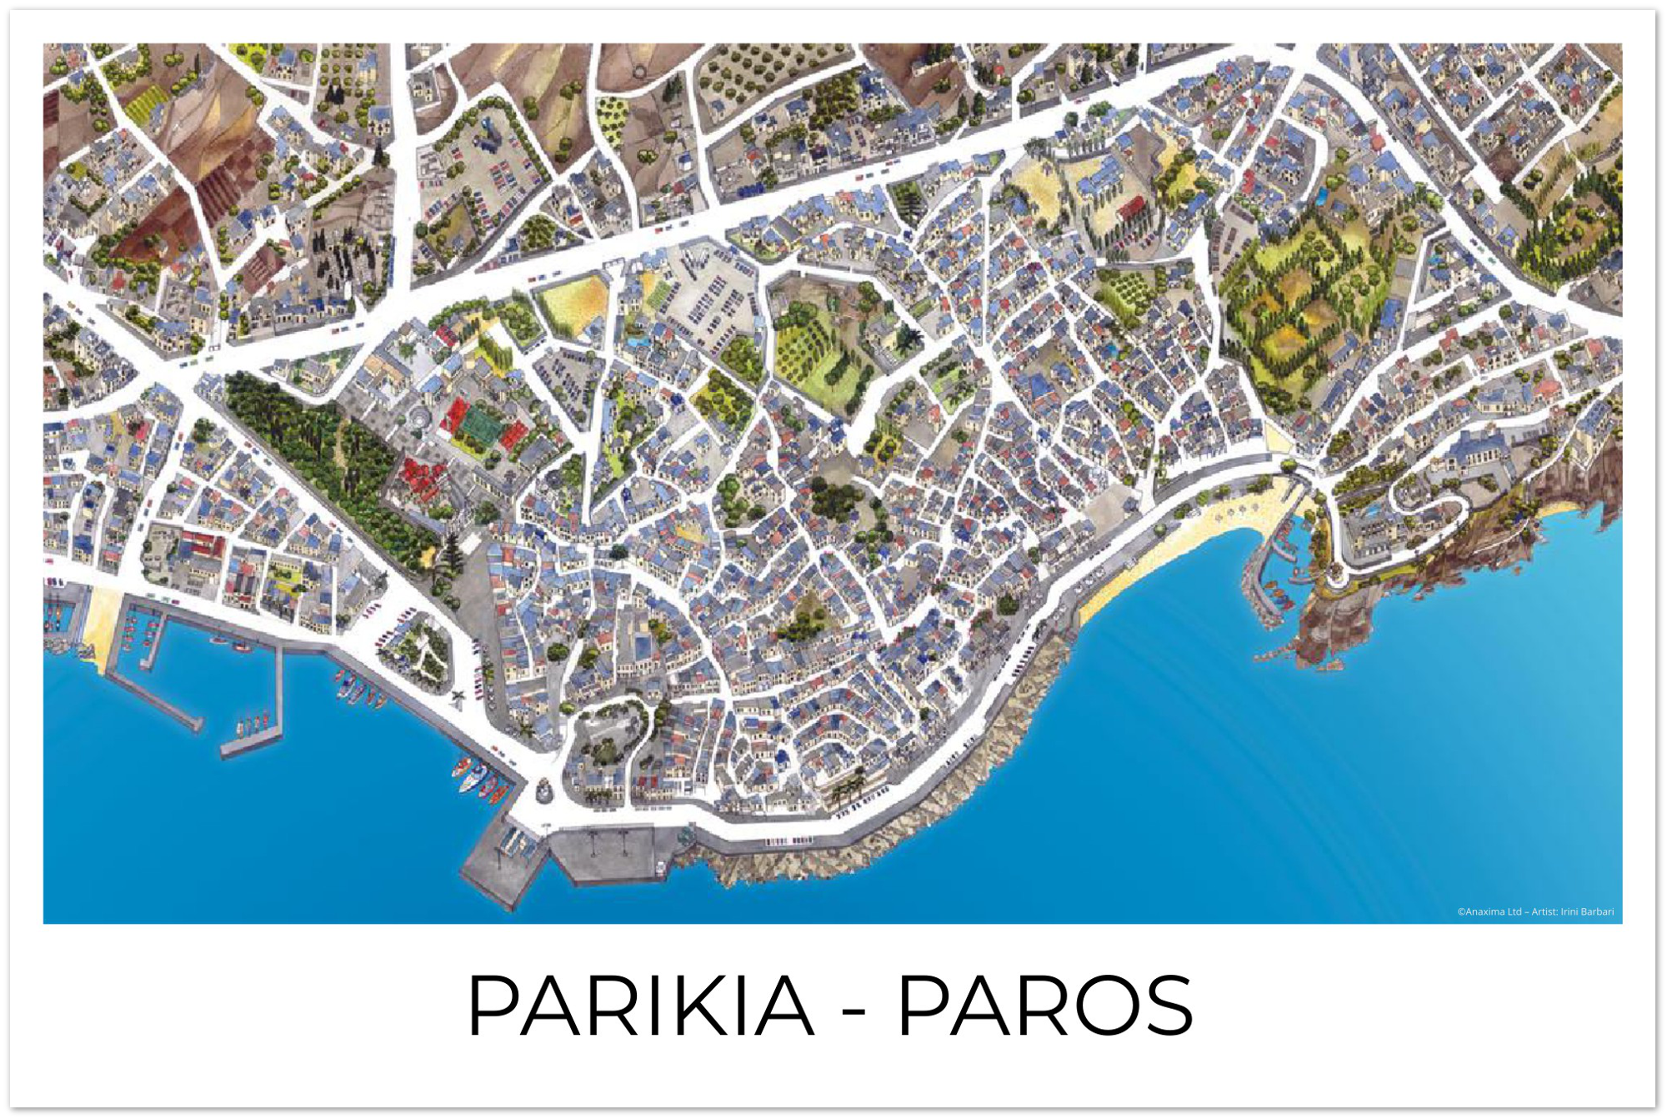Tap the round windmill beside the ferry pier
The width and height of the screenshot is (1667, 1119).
click(x=543, y=788)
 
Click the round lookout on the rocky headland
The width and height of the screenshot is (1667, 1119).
click(x=1336, y=575)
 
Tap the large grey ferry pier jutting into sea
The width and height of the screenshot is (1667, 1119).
click(x=500, y=867)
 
